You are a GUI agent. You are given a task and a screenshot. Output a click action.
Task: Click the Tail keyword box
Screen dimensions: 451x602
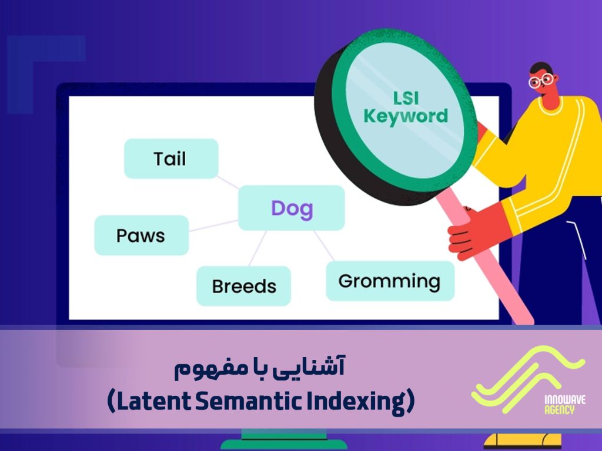(170, 159)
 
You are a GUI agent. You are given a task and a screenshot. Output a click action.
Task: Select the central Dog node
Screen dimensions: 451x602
(292, 208)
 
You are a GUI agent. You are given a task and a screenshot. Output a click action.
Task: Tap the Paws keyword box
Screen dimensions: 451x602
(141, 235)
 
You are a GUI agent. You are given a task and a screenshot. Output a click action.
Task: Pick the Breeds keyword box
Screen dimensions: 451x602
(243, 286)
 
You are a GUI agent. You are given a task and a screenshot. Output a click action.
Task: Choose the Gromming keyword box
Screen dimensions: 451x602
(390, 281)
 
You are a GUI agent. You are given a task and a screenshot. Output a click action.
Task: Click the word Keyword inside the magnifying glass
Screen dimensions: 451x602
(406, 116)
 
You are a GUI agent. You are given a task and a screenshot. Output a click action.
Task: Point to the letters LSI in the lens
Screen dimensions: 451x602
(406, 96)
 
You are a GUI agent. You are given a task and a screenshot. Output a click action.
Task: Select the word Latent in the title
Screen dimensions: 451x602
(155, 402)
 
